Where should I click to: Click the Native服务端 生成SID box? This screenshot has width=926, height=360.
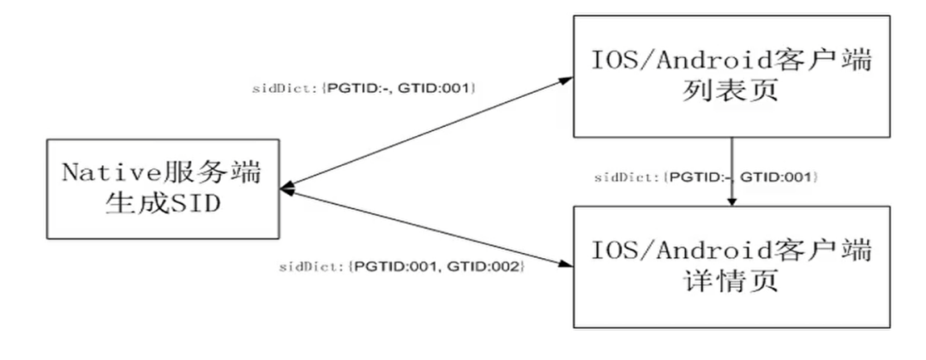point(163,189)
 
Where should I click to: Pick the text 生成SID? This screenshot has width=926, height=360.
point(163,206)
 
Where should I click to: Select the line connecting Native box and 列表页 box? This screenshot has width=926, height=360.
point(429,133)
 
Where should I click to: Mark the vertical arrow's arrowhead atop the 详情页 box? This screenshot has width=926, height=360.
point(731,199)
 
